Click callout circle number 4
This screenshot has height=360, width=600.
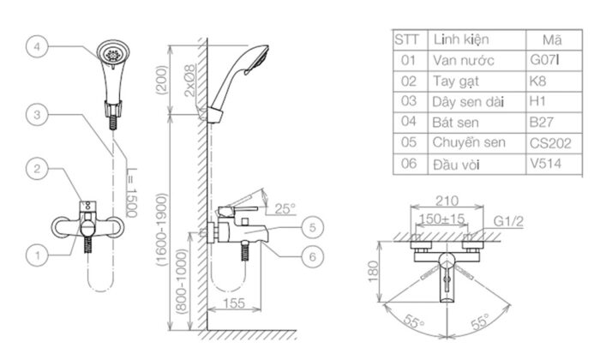click(x=37, y=48)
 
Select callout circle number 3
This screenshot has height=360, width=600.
click(x=37, y=113)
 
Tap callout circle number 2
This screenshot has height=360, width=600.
click(x=37, y=169)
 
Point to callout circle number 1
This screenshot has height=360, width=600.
click(x=37, y=254)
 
